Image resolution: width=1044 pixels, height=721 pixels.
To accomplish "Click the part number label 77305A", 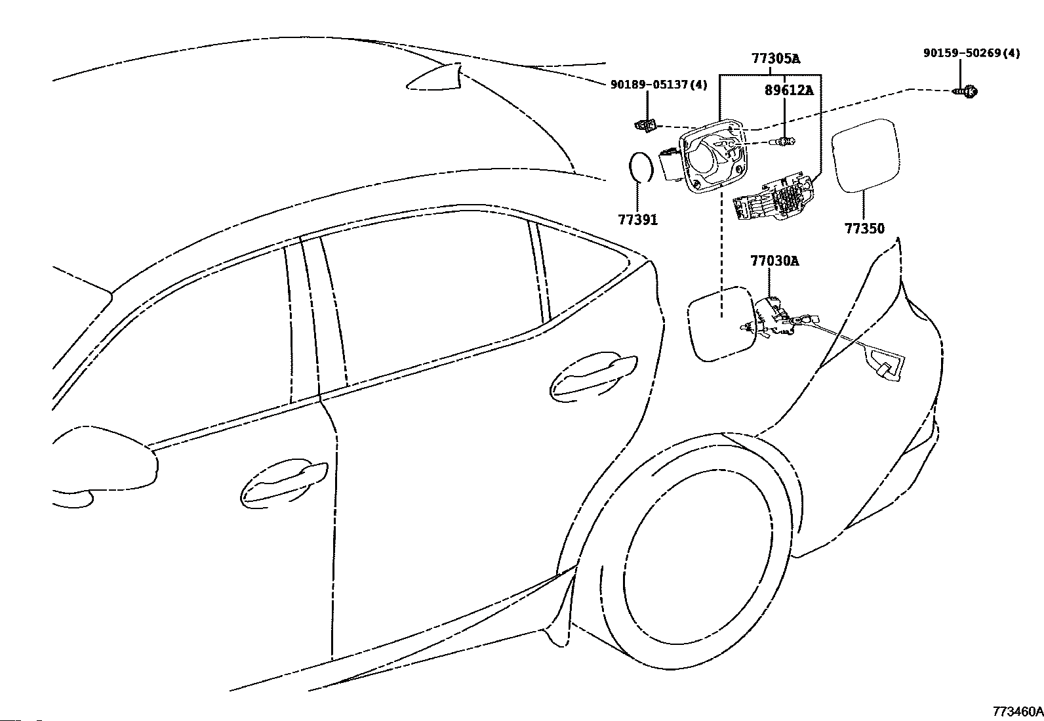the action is [x=776, y=59].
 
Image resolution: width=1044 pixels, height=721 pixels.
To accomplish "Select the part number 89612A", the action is [x=789, y=91].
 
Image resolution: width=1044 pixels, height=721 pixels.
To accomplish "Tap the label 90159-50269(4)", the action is [x=972, y=53].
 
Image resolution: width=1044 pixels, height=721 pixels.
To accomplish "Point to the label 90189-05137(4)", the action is [x=659, y=85].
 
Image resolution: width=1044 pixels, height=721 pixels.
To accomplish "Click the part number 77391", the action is [x=637, y=220].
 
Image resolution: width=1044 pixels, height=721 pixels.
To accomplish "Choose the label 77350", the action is [x=864, y=228].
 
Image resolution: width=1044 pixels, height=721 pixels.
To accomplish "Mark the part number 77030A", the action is [x=774, y=260].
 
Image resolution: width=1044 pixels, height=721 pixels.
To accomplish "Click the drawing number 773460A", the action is [x=1018, y=712].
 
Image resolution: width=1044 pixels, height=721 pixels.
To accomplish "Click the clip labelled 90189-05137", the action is [x=645, y=125].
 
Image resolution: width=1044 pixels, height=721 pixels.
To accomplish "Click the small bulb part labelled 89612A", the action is [x=786, y=141].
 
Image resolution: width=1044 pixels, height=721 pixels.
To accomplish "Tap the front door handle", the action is [x=283, y=482].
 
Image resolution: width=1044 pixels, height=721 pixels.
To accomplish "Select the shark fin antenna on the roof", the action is [x=434, y=76].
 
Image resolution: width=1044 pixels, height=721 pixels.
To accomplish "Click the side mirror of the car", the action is [x=106, y=466].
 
